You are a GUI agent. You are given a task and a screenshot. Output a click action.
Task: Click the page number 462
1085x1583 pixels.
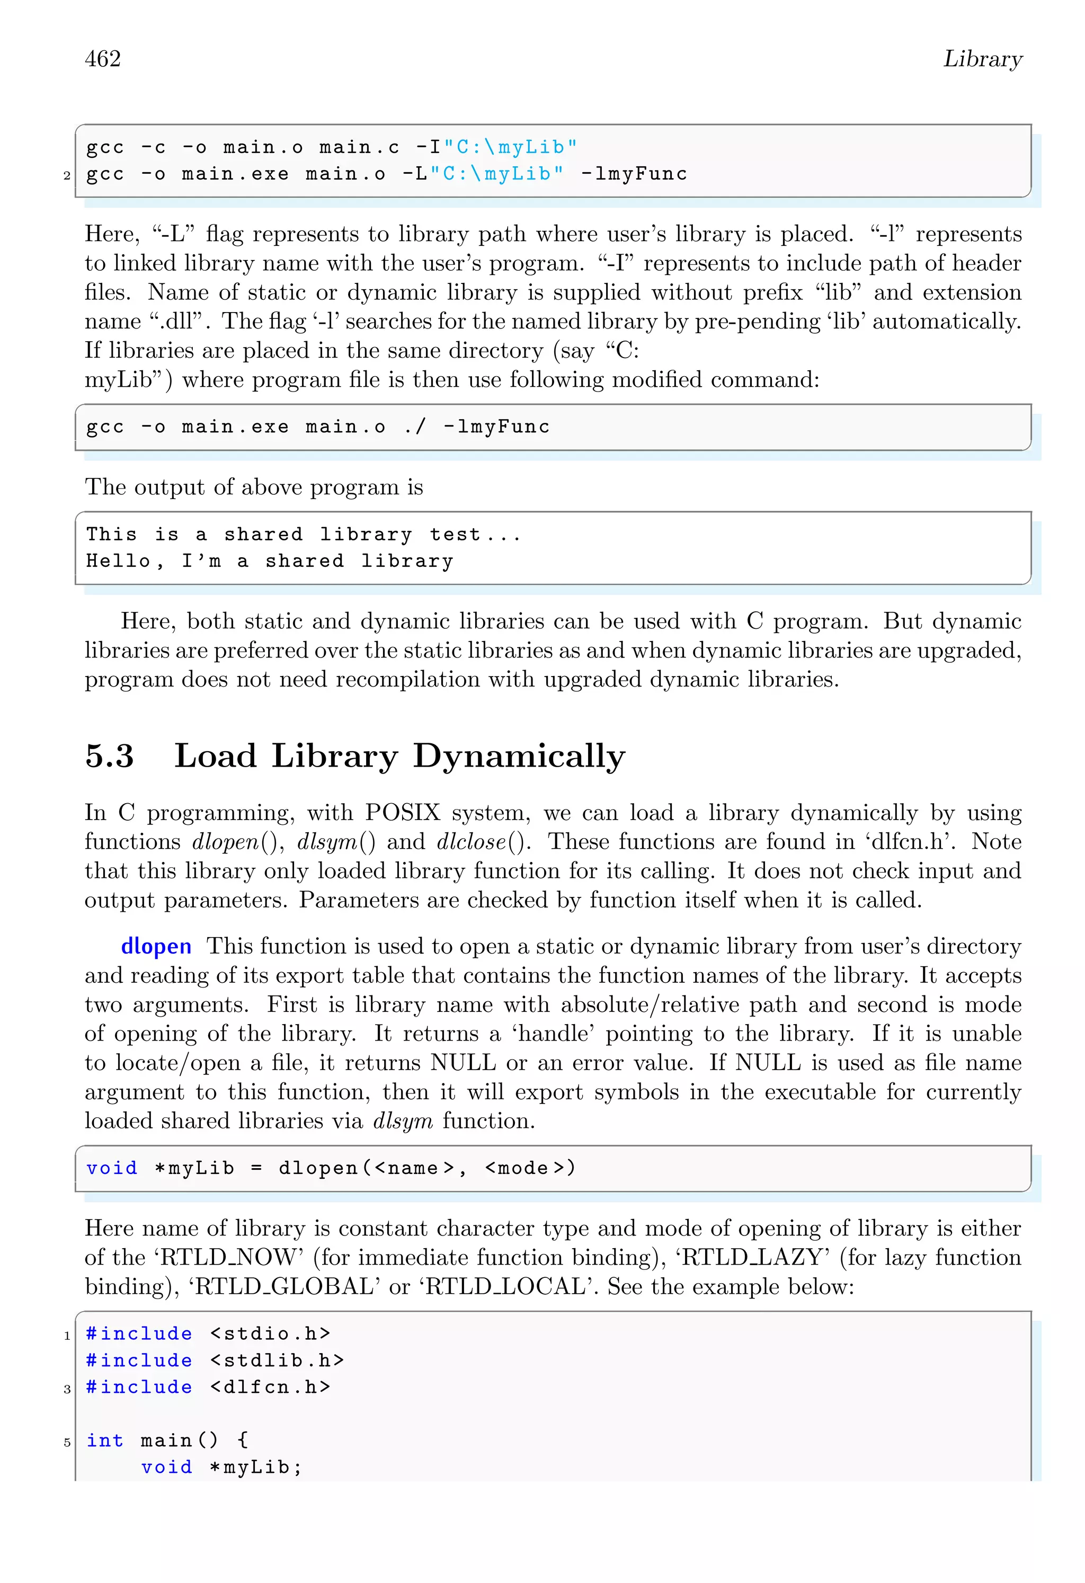click(x=103, y=59)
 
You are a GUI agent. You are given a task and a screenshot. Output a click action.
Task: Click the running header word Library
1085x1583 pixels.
click(x=982, y=59)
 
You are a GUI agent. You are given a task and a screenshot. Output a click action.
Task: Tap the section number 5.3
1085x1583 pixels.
click(x=109, y=756)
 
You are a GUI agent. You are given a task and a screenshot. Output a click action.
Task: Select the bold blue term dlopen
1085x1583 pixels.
click(x=156, y=946)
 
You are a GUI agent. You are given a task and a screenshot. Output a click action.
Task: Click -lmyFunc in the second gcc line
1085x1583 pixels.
click(x=634, y=174)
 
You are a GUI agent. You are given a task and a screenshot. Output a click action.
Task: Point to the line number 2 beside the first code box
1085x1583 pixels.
click(x=67, y=176)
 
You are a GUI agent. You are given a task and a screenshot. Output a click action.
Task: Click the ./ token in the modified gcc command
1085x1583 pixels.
click(x=415, y=427)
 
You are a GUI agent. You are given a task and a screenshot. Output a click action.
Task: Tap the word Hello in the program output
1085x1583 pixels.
click(x=118, y=561)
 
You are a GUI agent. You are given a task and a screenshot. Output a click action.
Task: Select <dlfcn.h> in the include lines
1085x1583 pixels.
click(x=270, y=1387)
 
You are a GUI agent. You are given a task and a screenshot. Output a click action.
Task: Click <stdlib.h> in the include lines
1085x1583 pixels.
click(x=277, y=1360)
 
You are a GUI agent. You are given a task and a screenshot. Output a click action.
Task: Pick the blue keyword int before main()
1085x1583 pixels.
click(x=105, y=1440)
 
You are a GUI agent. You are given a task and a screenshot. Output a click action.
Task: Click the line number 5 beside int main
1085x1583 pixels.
click(x=67, y=1442)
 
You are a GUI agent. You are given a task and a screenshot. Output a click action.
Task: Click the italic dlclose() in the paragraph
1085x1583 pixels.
click(x=483, y=842)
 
